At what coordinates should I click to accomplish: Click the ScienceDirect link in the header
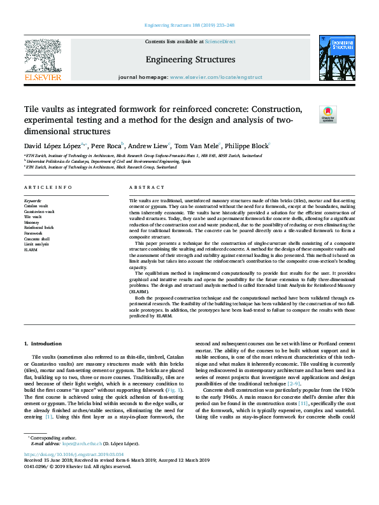[x=221, y=41]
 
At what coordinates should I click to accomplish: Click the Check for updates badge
[x=327, y=114]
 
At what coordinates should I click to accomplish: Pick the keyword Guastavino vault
[x=39, y=211]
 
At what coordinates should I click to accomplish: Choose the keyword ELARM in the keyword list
[x=31, y=249]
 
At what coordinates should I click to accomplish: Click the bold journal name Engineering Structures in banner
[x=190, y=60]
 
